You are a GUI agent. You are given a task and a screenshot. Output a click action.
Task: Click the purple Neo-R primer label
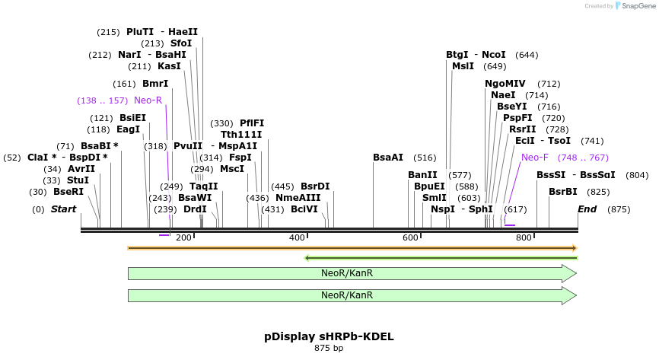[x=148, y=100]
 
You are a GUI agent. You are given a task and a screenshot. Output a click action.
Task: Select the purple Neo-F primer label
[x=535, y=158]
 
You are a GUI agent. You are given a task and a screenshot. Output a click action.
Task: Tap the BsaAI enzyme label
[x=388, y=158]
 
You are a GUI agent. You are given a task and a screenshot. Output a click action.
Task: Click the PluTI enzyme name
[x=140, y=32]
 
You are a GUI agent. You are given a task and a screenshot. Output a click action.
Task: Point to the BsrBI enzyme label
[x=563, y=192]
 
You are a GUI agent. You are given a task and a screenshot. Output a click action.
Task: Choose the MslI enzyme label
[x=463, y=66]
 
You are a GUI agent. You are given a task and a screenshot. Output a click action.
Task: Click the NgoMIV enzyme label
[x=505, y=84]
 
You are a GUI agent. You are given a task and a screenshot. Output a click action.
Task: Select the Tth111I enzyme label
[x=241, y=135]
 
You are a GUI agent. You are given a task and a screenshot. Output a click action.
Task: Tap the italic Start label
[x=64, y=209]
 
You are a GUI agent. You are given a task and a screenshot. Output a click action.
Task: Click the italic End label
[x=587, y=209]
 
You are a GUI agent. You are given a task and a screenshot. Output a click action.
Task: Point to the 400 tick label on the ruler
[x=297, y=238]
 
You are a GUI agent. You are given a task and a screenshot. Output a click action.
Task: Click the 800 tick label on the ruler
[x=524, y=238]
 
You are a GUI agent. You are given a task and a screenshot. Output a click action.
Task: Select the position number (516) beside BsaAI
[x=425, y=158]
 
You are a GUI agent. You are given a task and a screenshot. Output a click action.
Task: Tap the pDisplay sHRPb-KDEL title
[x=329, y=336]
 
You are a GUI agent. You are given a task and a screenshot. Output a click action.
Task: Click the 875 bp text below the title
[x=329, y=349]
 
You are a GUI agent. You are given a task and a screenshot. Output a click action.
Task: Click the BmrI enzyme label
[x=155, y=84]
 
